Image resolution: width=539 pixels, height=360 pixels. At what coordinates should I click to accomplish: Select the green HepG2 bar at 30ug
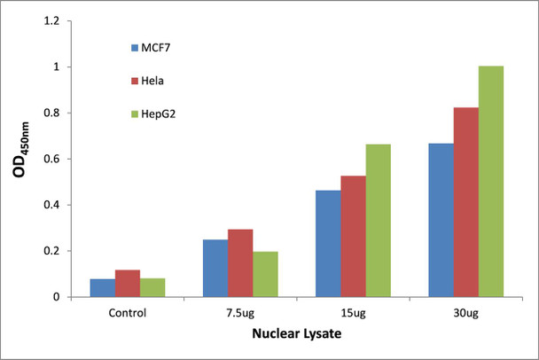(491, 181)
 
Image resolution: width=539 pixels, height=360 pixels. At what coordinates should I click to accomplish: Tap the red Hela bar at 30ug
(466, 202)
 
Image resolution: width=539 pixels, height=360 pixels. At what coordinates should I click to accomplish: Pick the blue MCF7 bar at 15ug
(328, 243)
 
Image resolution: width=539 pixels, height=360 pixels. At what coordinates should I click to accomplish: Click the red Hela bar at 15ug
(353, 236)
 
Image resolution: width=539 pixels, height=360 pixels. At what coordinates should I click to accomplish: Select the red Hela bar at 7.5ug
(240, 262)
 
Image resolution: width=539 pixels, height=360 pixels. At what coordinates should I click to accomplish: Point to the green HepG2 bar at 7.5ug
(265, 274)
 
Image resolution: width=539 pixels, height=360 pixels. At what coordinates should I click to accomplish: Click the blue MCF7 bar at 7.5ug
(215, 268)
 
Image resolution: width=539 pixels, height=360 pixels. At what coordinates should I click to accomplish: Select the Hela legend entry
(152, 80)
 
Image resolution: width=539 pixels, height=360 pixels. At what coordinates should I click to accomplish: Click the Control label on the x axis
(127, 313)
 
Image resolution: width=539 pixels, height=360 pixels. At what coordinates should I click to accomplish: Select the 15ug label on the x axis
(353, 313)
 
